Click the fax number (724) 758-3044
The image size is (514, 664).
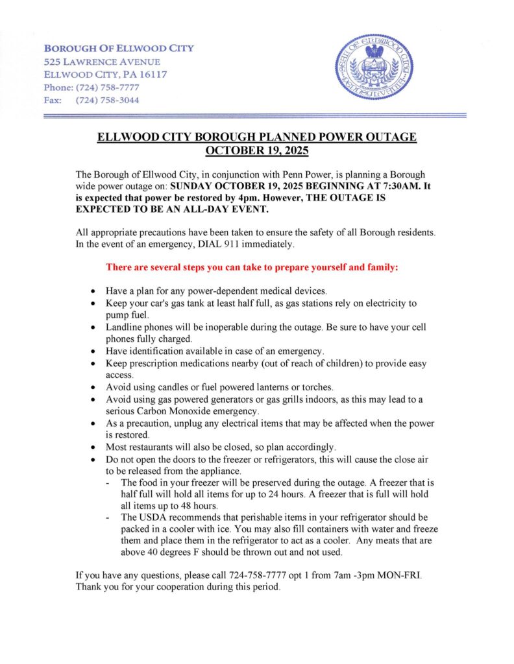pyautogui.click(x=107, y=101)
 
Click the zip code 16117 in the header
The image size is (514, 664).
pyautogui.click(x=153, y=75)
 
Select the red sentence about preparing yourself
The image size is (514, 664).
pyautogui.click(x=256, y=267)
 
